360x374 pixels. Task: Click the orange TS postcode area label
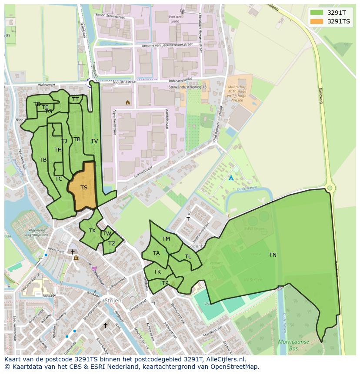84,188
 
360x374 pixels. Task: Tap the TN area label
273,255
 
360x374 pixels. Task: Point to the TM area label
166,239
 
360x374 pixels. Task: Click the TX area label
92,231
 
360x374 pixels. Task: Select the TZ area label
112,244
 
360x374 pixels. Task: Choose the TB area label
43,160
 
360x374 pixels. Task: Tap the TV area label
94,141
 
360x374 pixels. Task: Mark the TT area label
76,99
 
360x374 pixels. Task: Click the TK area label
157,272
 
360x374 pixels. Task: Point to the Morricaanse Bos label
293,345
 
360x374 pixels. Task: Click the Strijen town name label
112,301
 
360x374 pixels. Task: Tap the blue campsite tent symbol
231,178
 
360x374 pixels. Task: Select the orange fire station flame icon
127,103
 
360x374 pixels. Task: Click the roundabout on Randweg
330,188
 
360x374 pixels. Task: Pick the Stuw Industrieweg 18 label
187,87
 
